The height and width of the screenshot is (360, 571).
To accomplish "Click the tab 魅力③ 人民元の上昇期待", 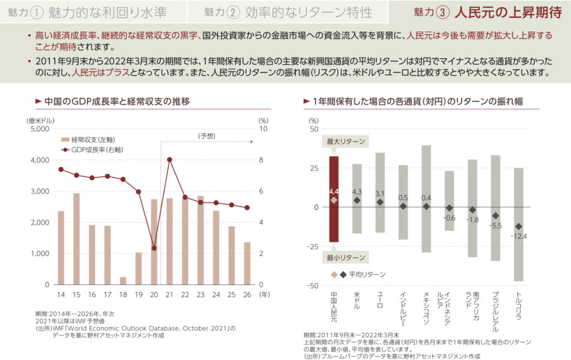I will point(480,12).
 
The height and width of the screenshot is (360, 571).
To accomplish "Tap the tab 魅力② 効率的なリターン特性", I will point(288,12).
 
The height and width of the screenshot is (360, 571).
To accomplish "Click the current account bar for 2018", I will point(123,280).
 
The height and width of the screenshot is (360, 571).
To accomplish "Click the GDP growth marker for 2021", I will point(169,160).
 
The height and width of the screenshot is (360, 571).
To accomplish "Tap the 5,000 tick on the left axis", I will point(38,129).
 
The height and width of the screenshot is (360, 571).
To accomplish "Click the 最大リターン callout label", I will point(346,142).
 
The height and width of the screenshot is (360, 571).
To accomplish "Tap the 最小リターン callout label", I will point(346,257).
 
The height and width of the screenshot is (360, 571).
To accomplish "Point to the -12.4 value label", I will point(519,236).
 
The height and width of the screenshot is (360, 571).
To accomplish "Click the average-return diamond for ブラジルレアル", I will point(495,216).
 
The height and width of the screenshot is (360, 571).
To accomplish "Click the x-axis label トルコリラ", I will point(519,304).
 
